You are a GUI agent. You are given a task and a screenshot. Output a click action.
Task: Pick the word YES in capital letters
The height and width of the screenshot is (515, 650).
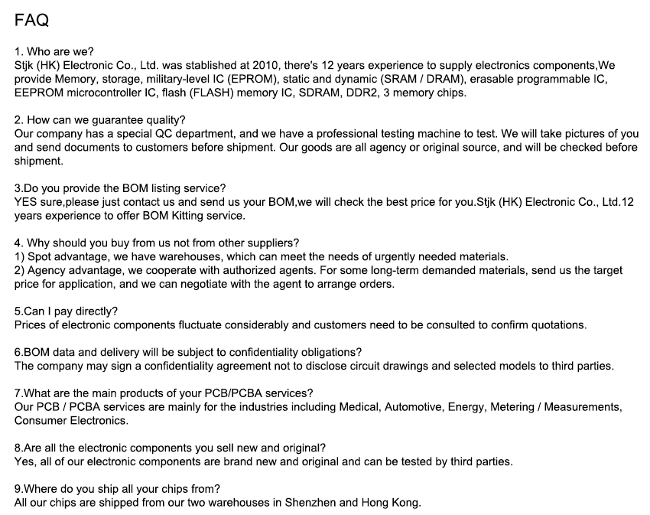pyautogui.click(x=28, y=202)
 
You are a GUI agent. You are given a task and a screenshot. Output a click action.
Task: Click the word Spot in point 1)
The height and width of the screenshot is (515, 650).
pyautogui.click(x=40, y=256)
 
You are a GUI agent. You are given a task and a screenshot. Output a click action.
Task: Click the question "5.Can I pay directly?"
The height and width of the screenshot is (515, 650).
pyautogui.click(x=67, y=311)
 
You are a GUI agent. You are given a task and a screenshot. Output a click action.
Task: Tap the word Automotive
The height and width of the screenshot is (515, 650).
pyautogui.click(x=414, y=407)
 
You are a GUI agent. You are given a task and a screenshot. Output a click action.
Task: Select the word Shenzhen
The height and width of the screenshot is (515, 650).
pyautogui.click(x=310, y=503)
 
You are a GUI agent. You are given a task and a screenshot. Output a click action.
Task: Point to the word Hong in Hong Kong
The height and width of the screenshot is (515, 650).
pyautogui.click(x=375, y=503)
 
